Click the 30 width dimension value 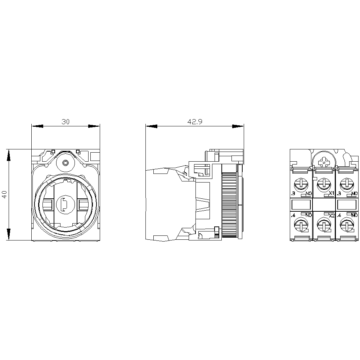65,122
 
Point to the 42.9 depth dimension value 195,122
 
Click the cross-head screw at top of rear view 325,162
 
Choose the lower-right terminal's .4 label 339,215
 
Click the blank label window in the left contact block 301,205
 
